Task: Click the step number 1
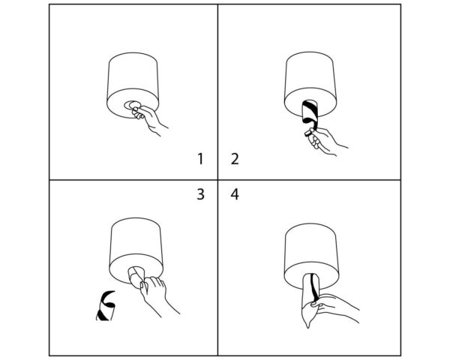200,159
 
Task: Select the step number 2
235,159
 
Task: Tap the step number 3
200,194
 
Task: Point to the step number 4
235,194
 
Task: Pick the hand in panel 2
324,141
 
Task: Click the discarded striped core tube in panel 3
106,306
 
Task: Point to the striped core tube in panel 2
310,112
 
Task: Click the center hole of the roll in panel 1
132,105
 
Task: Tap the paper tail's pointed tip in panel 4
308,327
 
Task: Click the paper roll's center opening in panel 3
136,273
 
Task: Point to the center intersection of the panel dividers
217,180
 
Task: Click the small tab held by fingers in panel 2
308,133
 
